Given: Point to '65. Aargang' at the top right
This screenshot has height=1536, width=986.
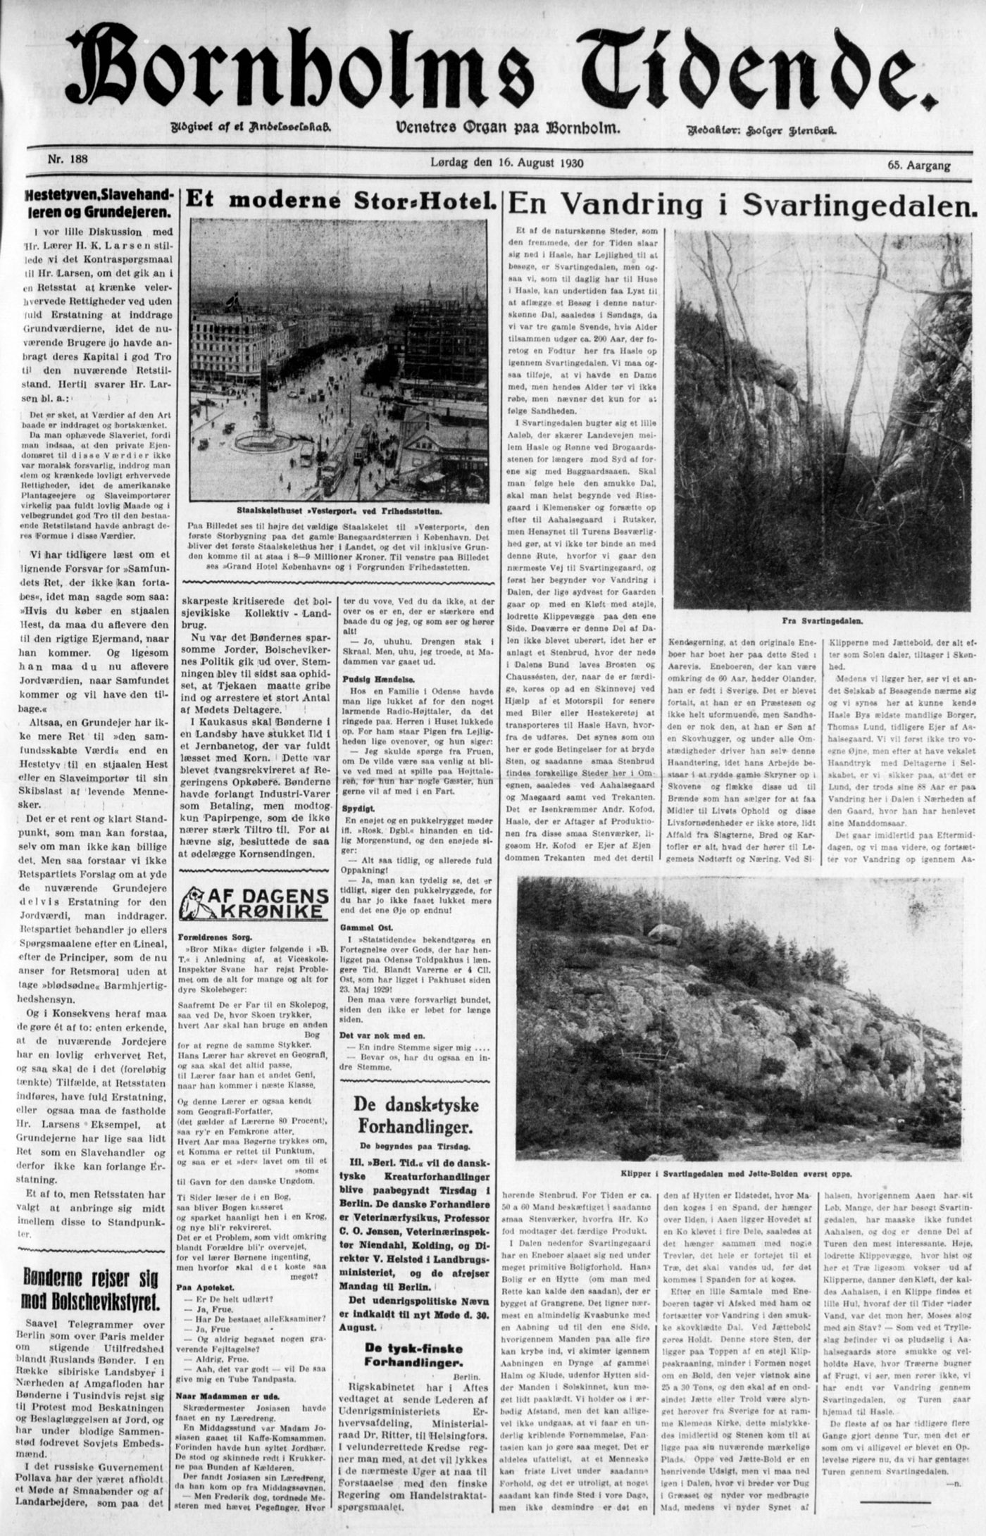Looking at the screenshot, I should click(x=918, y=166).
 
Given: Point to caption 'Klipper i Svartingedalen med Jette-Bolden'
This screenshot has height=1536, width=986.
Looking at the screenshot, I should click(x=736, y=1175).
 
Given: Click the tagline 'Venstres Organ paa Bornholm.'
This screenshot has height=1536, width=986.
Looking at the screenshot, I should click(x=508, y=128).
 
